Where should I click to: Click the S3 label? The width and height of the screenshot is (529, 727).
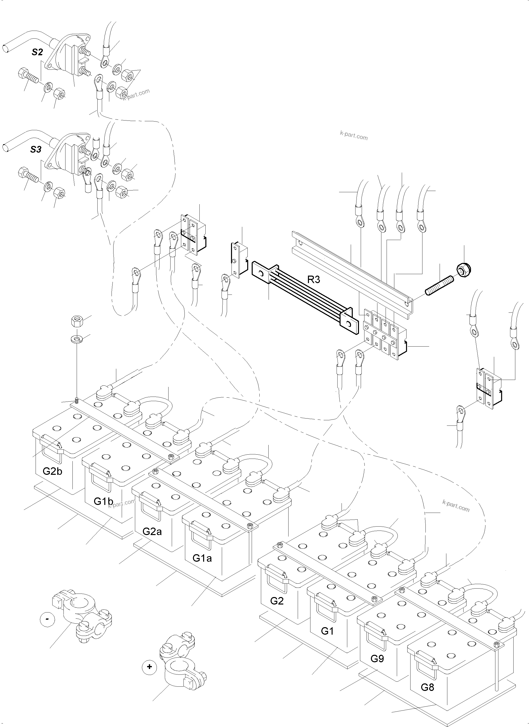coord(36,149)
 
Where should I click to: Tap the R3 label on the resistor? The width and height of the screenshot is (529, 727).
coord(313,280)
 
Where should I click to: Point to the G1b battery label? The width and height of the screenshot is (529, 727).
coord(103,501)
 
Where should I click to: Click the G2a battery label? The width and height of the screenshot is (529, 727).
coord(152,532)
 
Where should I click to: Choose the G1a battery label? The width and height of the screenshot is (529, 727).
coord(202,558)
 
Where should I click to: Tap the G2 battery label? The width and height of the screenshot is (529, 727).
coord(277,601)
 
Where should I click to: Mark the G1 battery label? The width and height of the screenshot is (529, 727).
coord(327,631)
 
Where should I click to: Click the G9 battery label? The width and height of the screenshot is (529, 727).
coord(377,658)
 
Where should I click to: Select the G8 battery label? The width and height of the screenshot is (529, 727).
coord(427,687)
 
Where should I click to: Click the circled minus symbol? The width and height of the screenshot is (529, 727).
coord(47,619)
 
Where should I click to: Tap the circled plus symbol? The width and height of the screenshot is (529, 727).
coord(149,667)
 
